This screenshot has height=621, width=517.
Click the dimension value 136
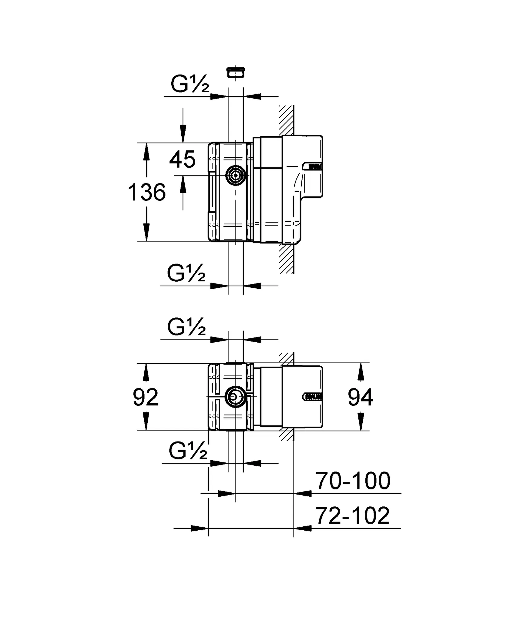[x=147, y=192]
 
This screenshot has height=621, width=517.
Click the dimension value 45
[x=182, y=160]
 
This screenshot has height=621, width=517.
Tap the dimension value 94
[x=360, y=398]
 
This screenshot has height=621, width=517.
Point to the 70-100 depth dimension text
[x=353, y=481]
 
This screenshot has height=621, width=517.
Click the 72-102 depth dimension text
[x=352, y=516]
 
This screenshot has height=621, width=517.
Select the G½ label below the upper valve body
[x=186, y=274]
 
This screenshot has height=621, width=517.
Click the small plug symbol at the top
[x=236, y=73]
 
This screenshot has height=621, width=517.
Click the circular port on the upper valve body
[x=236, y=175]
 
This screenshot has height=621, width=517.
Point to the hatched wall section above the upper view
[x=286, y=120]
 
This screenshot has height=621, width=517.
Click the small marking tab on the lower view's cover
[x=312, y=397]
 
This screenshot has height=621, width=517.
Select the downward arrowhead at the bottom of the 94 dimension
[x=360, y=422]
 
